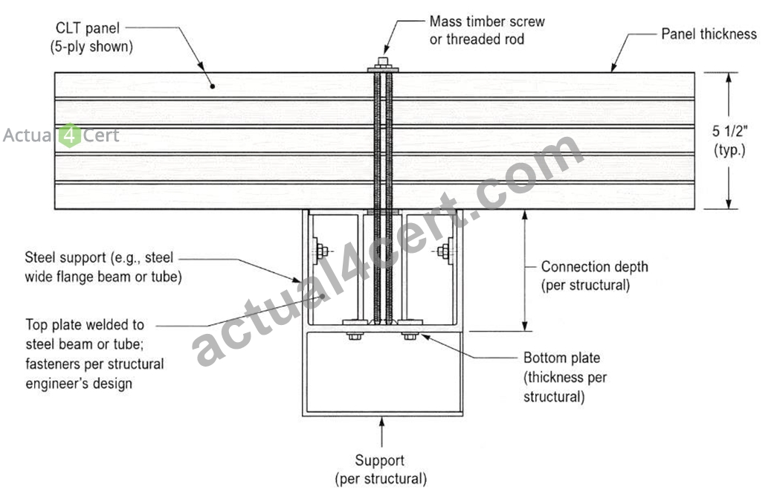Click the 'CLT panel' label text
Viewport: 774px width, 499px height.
tap(88, 28)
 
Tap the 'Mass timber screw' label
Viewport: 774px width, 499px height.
tap(487, 22)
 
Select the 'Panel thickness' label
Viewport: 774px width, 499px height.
tap(709, 34)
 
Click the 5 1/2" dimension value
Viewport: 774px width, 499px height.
tap(729, 132)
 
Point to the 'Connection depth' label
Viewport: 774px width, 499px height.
tap(594, 267)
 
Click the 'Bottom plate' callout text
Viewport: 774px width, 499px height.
tap(562, 358)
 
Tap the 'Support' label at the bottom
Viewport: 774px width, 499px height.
tap(380, 460)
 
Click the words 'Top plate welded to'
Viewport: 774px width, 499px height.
tap(85, 325)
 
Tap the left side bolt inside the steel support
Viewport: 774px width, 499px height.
tap(320, 251)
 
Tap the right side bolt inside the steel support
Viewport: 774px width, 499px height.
tap(444, 251)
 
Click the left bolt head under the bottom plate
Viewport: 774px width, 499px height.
tap(355, 336)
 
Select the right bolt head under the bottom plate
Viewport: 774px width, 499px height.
tap(410, 336)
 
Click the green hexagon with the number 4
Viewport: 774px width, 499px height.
tap(70, 135)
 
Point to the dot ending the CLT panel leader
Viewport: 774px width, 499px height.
tap(213, 86)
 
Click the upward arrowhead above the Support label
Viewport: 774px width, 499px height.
tap(381, 422)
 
